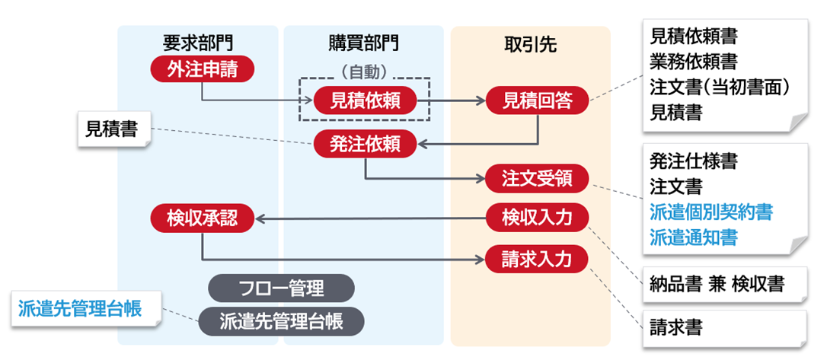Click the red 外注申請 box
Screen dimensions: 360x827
(x=202, y=70)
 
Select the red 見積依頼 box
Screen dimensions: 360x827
(x=366, y=100)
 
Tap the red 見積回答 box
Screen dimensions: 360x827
(x=538, y=100)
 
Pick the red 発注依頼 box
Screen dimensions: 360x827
(x=366, y=143)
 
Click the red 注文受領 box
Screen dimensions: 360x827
(x=538, y=180)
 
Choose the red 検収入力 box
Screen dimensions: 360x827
(x=538, y=218)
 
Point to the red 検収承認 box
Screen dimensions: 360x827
(x=202, y=218)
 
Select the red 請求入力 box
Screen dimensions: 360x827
(x=538, y=259)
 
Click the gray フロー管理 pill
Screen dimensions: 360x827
(x=282, y=288)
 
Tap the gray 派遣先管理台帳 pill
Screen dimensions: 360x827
(x=282, y=320)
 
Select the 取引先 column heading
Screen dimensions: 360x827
(x=530, y=43)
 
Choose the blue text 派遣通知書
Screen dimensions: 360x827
(x=694, y=237)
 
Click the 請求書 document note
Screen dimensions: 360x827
(x=677, y=328)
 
